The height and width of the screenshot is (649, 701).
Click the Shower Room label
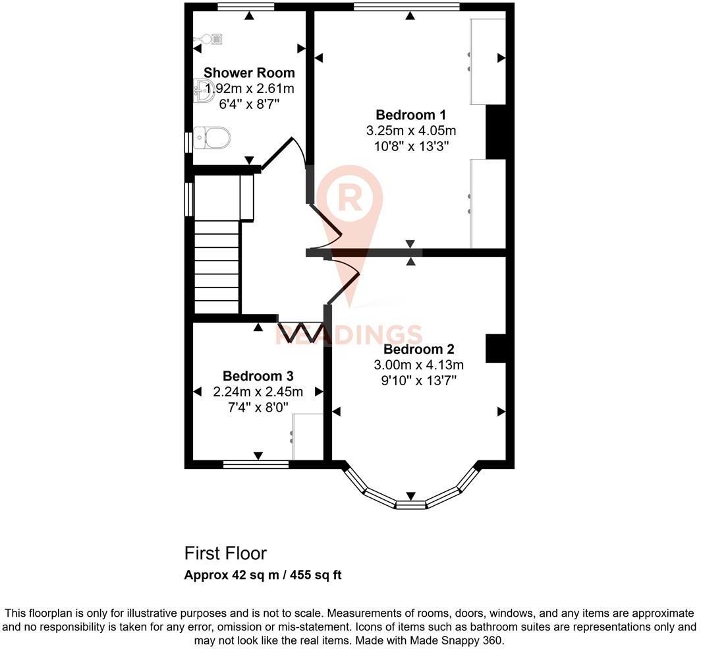tap(249, 73)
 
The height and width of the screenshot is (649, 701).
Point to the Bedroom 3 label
tap(258, 376)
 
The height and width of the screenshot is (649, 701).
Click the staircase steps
tap(216, 267)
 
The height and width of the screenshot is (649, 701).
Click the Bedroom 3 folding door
tap(300, 332)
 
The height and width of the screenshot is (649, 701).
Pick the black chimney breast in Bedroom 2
tap(495, 348)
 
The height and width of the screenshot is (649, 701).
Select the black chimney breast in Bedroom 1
tap(495, 131)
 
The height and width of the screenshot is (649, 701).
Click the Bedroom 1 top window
tap(407, 7)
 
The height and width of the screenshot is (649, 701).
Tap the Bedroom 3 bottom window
tap(256, 464)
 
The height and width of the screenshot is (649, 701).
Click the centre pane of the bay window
tap(410, 505)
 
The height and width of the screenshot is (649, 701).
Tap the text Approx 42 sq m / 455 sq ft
tap(262, 574)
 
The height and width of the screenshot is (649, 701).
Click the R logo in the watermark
tap(349, 197)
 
